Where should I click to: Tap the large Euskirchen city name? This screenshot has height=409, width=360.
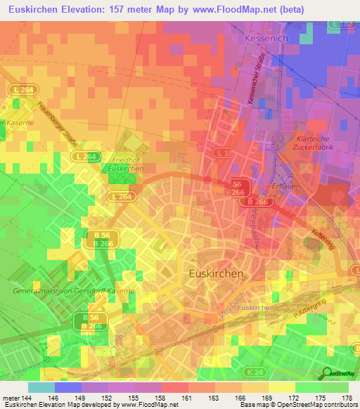point(217,273)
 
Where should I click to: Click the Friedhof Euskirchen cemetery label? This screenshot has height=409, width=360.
point(127,164)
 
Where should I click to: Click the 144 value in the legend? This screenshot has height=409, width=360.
point(27,396)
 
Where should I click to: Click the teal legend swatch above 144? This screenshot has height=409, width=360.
point(41,387)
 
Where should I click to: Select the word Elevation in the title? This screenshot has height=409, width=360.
point(92,9)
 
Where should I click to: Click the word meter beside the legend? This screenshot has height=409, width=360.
point(11,396)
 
